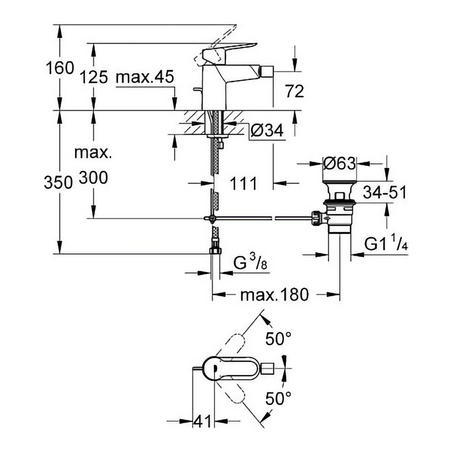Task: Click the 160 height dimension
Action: [x=60, y=68]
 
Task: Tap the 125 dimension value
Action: [x=93, y=77]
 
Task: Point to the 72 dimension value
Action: [x=294, y=91]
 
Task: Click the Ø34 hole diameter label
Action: [x=267, y=131]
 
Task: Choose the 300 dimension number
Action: [x=93, y=178]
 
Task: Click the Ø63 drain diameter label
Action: [x=339, y=163]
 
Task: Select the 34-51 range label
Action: [x=384, y=192]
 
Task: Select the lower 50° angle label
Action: [x=278, y=398]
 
